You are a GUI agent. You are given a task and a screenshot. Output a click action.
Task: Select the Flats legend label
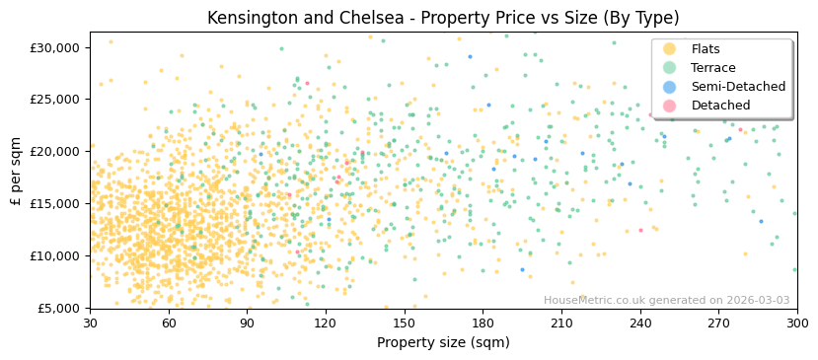tap(706, 49)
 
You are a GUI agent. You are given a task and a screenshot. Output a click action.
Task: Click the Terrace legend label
tap(713, 68)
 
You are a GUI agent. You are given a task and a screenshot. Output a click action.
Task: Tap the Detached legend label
tap(720, 106)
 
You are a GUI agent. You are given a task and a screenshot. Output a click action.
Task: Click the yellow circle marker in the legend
tap(669, 49)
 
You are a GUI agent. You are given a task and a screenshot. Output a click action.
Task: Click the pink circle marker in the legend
tap(669, 106)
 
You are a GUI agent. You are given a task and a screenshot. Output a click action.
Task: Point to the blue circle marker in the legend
tap(669, 87)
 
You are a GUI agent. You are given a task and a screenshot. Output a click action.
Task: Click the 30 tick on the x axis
tap(90, 323)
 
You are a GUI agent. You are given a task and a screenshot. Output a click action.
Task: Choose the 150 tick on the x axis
tap(404, 323)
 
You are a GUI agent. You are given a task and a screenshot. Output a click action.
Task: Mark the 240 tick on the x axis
tap(639, 323)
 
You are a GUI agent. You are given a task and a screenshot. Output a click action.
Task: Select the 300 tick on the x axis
tap(796, 323)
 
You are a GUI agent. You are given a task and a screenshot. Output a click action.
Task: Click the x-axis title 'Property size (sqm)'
tap(443, 342)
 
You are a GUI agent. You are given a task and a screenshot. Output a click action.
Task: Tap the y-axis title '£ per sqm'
tap(16, 170)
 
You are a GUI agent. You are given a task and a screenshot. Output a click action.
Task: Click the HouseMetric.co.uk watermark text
tap(666, 300)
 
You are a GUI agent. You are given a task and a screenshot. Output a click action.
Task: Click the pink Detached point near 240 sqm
tap(640, 230)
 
